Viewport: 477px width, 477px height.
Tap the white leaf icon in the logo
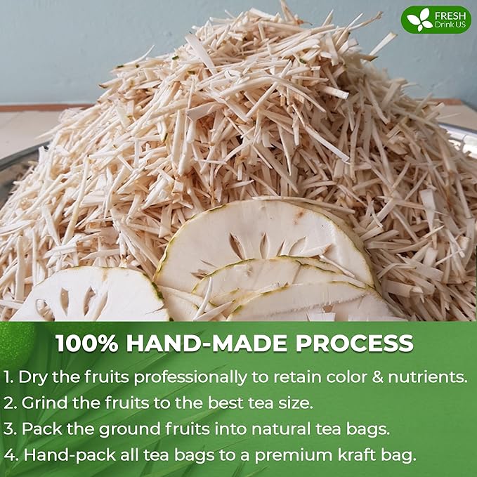[420, 20]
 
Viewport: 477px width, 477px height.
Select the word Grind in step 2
[43, 403]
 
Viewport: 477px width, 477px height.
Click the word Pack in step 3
[40, 429]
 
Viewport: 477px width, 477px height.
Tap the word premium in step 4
[295, 455]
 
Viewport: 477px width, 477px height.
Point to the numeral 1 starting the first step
[9, 377]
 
